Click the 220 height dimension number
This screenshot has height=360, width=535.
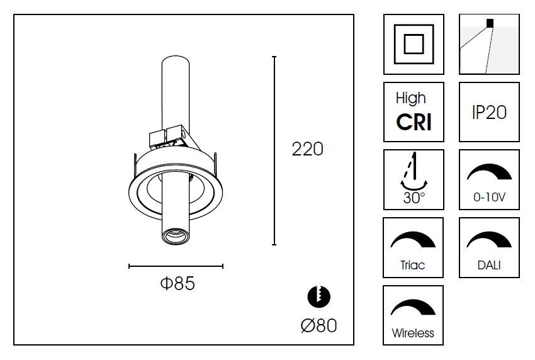307,149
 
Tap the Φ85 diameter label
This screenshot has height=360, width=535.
177,284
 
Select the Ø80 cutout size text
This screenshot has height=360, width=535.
318,325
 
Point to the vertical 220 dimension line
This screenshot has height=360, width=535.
274,150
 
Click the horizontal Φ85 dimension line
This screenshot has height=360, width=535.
176,266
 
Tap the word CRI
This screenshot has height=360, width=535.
414,122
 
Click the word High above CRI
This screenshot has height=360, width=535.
410,98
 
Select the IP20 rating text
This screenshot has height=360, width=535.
489,112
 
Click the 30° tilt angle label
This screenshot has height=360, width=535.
414,198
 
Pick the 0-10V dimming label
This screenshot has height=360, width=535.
489,198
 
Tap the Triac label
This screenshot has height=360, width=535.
413,265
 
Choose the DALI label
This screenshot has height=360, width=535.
489,265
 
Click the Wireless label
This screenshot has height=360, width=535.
413,333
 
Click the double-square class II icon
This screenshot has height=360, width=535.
414,45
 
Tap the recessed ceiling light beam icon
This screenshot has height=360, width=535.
489,45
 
